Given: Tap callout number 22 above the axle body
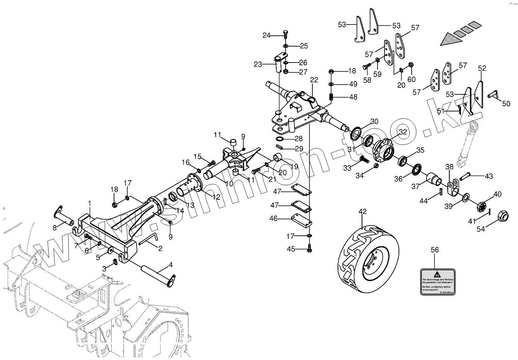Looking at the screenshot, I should (x=314, y=80).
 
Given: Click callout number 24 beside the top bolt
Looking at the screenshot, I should (x=266, y=35).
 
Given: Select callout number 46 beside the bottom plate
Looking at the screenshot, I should (x=273, y=219).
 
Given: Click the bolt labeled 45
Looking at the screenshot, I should (x=309, y=248).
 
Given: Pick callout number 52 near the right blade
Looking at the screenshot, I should (x=482, y=68).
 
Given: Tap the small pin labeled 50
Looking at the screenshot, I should (x=493, y=94).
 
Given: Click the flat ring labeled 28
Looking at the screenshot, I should (x=281, y=139).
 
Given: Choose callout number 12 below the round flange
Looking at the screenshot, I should (x=216, y=197).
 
